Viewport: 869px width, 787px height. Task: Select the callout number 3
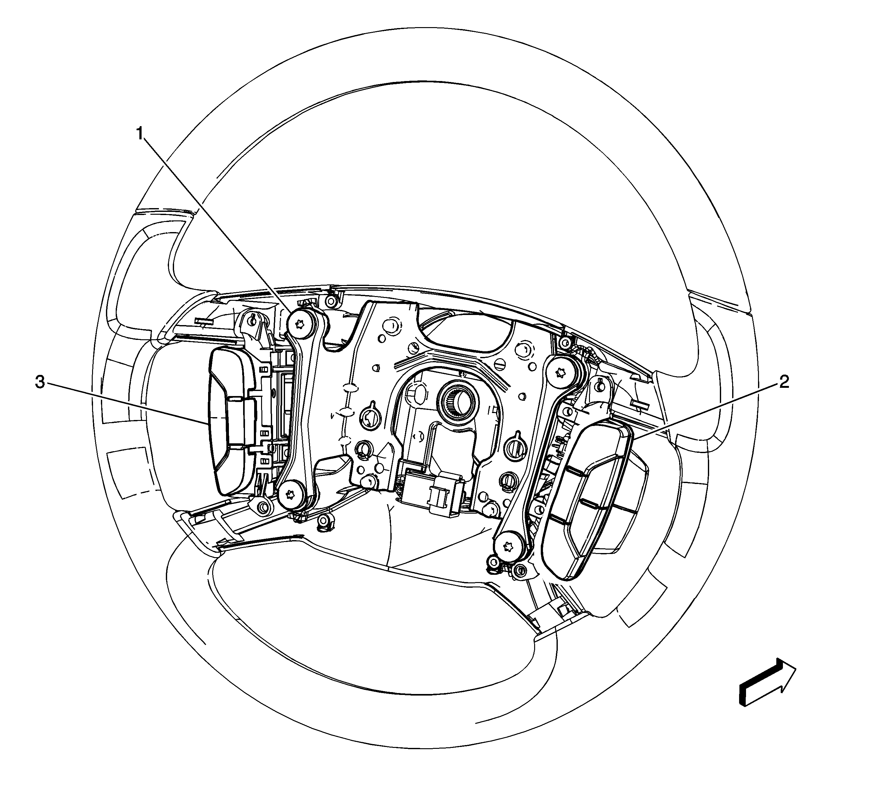point(40,382)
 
